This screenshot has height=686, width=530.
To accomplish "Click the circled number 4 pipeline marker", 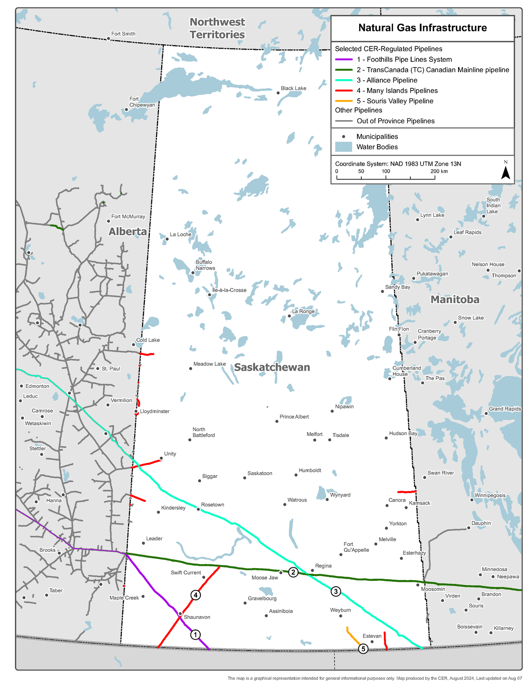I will pos(196,595).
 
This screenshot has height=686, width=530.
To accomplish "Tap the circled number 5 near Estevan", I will pos(363,648).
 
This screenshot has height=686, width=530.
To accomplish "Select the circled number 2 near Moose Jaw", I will pos(293,572).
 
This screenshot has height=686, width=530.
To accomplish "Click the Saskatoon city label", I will pos(260,473).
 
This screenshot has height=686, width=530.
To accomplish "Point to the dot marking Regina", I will pos(312,570).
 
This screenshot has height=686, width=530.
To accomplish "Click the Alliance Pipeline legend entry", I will pos(387,80).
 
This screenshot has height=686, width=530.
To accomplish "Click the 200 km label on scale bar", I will pos(439,171).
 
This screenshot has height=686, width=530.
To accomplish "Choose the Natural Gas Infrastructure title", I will pos(422,28).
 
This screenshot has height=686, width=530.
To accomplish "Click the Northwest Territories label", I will pos(217,28).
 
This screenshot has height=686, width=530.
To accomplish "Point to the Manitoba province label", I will pos(455,299).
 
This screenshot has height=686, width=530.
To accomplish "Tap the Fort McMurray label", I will pos(128,216).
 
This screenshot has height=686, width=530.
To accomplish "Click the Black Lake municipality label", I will pos(293,88).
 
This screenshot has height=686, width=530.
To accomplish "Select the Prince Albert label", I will pos(294,417).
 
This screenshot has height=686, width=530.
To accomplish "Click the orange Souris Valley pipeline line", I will pos(352,637).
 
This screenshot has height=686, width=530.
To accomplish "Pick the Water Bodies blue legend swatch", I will pos(344,147).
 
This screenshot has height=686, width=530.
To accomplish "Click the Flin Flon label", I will pos(399,329).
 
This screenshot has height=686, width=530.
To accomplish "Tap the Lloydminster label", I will pos(155,411).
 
